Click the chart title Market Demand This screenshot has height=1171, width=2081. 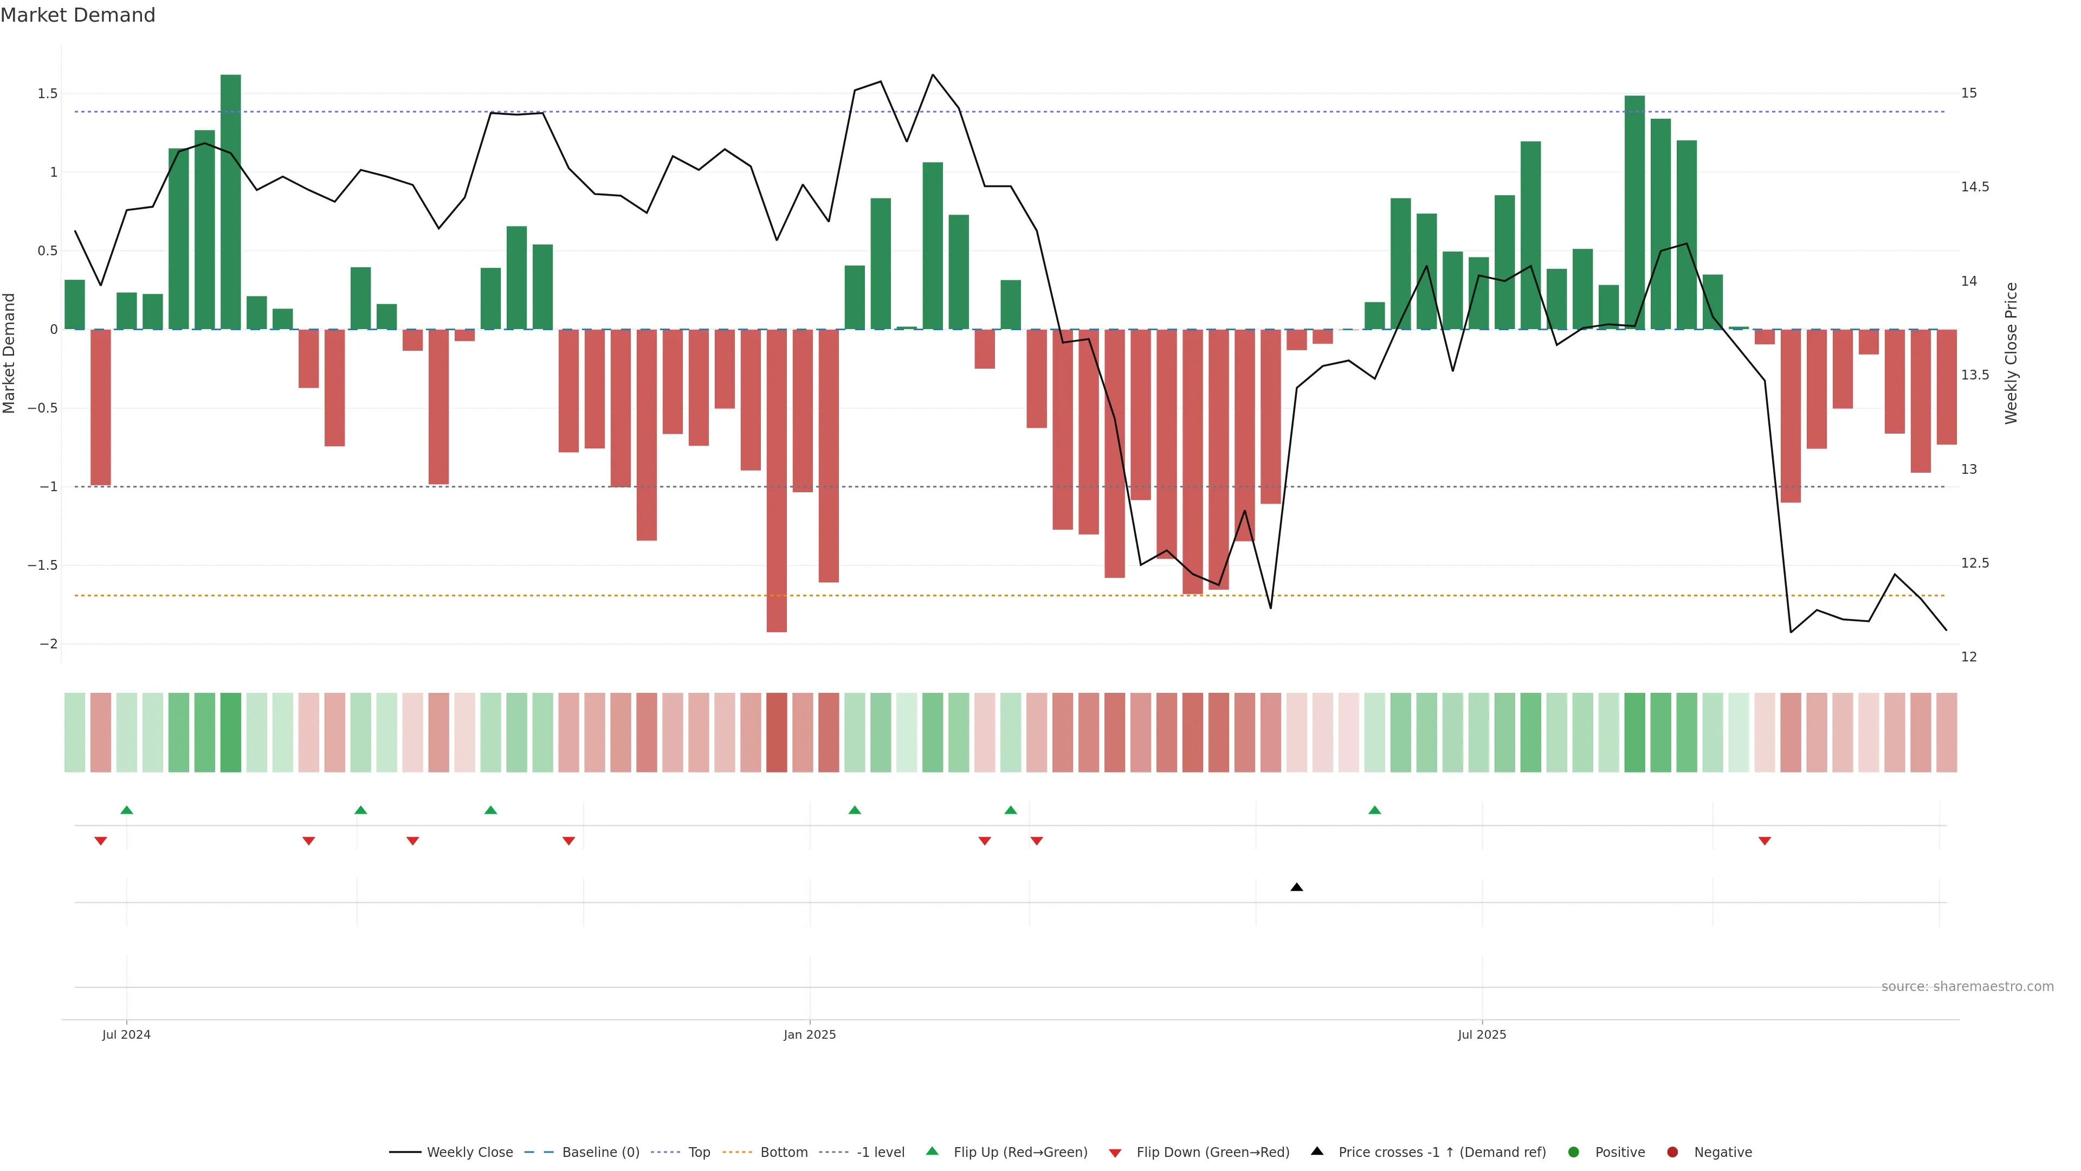(x=77, y=15)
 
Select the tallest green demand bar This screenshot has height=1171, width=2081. (x=230, y=202)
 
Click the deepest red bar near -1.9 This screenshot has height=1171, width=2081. (x=777, y=481)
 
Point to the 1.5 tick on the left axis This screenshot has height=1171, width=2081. (x=48, y=94)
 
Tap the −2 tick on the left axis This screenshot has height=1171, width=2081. (x=48, y=644)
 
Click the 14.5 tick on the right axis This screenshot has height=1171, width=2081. (x=1974, y=186)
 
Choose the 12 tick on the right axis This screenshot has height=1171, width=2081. (x=1969, y=657)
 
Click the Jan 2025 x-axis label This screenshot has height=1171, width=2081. (x=810, y=1034)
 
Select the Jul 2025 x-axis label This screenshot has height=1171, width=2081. (x=1482, y=1034)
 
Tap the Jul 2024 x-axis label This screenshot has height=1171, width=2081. (x=126, y=1034)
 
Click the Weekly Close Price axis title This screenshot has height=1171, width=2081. (x=2011, y=353)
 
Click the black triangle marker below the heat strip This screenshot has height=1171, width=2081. (x=1297, y=887)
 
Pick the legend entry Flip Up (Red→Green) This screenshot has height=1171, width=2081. (x=1019, y=1153)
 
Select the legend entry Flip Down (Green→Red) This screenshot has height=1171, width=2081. (x=1212, y=1153)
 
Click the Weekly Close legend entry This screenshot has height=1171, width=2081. (x=469, y=1153)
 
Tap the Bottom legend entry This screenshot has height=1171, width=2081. (x=783, y=1153)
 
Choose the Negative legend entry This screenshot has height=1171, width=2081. (x=1722, y=1153)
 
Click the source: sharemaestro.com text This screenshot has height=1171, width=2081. (x=1967, y=987)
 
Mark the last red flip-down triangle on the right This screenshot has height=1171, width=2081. (x=1765, y=841)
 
